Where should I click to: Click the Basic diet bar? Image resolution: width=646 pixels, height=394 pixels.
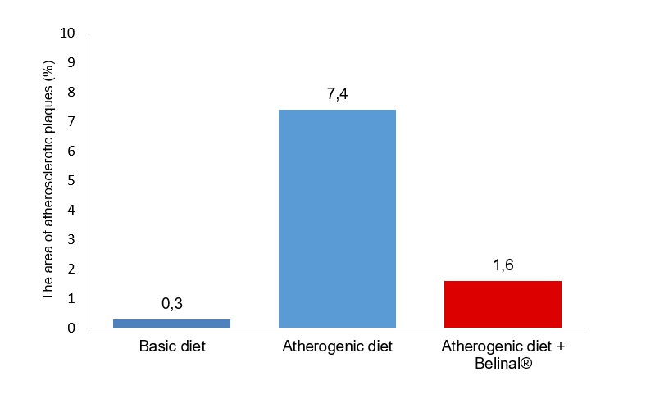[171, 323]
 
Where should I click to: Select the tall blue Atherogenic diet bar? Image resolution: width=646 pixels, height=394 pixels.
[337, 219]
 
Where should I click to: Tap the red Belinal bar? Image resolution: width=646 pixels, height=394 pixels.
[503, 304]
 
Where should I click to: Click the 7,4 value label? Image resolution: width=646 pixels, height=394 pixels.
[337, 94]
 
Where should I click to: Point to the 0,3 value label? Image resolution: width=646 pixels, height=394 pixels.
[171, 304]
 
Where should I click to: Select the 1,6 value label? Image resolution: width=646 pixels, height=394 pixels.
[503, 265]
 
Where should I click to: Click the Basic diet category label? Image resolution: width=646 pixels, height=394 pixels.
[171, 346]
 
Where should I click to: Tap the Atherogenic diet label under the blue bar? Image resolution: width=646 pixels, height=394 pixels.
[337, 346]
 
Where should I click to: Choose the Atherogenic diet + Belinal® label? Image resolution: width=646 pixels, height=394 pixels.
[503, 354]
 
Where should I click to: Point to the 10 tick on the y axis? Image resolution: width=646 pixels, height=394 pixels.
[67, 34]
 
